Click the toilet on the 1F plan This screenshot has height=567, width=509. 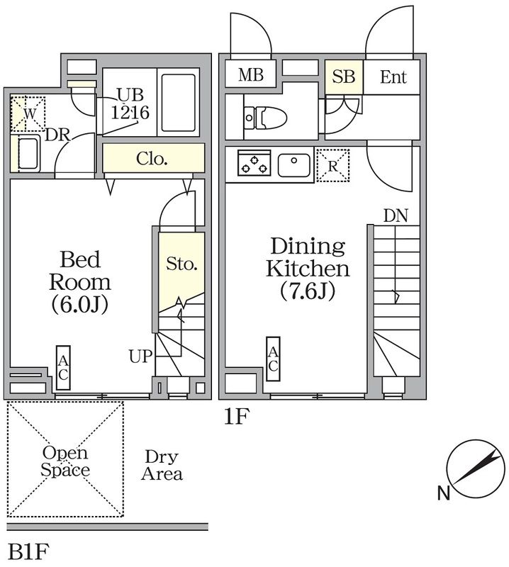(266, 118)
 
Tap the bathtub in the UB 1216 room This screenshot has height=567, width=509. (178, 102)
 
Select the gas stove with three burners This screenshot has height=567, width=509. (254, 163)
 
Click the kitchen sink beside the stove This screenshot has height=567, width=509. (293, 165)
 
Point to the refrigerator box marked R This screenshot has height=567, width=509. (332, 165)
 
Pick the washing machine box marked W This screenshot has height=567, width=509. (28, 114)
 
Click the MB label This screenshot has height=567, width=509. (251, 75)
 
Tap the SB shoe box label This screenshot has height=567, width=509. (344, 77)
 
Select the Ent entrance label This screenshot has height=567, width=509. (393, 77)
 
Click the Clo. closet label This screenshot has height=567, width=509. (152, 158)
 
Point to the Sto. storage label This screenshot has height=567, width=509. (181, 264)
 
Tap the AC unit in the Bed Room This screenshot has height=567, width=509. (63, 367)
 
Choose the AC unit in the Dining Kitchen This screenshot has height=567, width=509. (273, 359)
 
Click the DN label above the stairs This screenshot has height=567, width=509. (396, 216)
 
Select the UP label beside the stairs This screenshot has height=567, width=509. (141, 357)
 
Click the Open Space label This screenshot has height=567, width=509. (65, 461)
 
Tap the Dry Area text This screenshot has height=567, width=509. (162, 466)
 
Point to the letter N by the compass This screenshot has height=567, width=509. (444, 493)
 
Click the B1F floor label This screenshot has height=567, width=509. (28, 552)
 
